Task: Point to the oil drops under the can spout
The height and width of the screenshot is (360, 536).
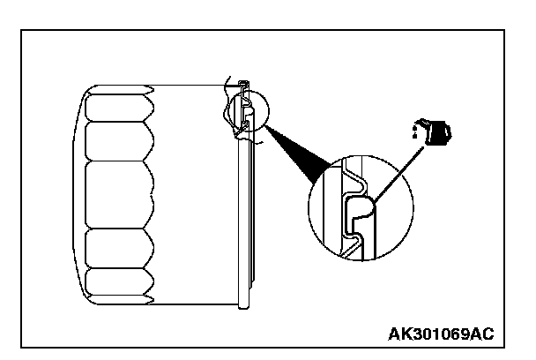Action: click(413, 133)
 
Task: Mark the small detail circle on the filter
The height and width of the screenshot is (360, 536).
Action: click(243, 111)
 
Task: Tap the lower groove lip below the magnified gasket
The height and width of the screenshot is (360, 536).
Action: click(353, 244)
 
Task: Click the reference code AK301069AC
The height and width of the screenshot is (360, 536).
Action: click(440, 334)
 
